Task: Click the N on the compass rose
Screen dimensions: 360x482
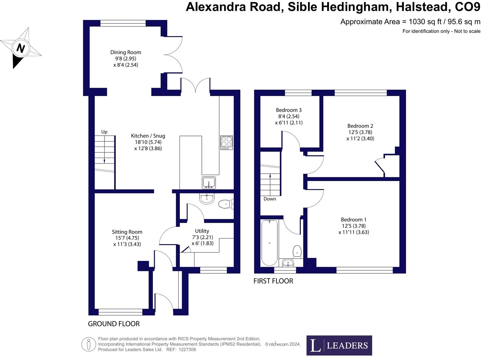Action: pos(21,48)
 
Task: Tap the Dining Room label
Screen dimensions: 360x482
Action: pos(126,52)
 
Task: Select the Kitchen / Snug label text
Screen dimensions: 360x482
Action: pos(148,136)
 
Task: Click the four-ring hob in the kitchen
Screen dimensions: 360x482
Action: pos(226,143)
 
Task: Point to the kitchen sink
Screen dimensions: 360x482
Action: pos(209,182)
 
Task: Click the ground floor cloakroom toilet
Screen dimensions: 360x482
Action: pos(226,204)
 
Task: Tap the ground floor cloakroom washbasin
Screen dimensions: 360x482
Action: pos(207,198)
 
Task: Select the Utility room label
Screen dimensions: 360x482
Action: pos(202,231)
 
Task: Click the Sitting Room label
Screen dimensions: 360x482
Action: pos(127,232)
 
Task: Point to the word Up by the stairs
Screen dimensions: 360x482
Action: pos(104,132)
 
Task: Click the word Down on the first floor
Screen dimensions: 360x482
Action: pos(270,199)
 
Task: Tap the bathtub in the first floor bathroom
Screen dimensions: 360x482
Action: pos(269,243)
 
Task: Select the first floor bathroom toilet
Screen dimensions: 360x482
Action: pos(297,251)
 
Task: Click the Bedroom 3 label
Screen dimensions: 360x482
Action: pos(289,110)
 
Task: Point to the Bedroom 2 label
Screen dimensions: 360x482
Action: pos(360,126)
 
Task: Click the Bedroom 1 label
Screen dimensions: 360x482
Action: pos(353,219)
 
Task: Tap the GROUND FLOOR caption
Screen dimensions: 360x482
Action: pos(114,324)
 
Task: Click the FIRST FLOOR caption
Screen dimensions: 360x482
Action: pos(273,281)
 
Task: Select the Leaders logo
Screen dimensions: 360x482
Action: pos(339,345)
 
